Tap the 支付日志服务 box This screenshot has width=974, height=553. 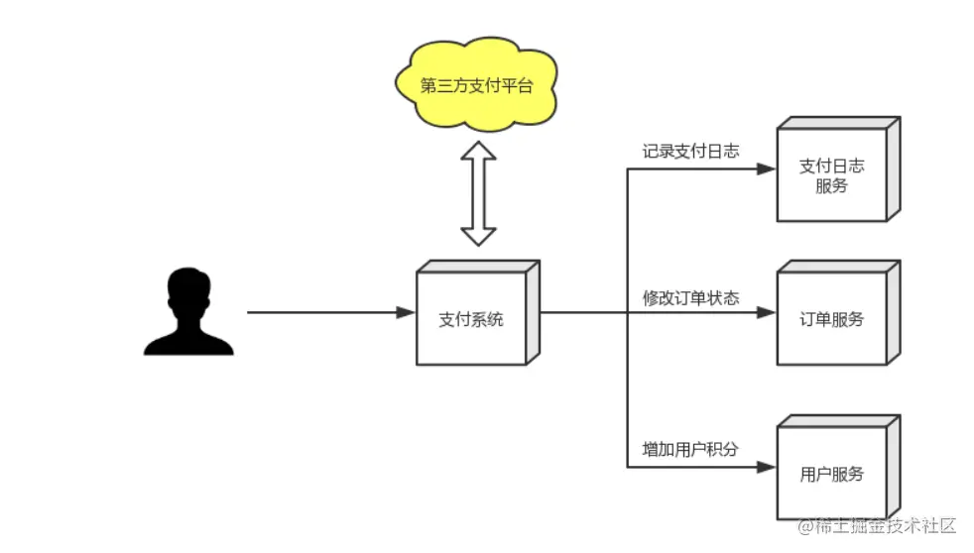831,175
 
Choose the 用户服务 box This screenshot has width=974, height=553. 831,473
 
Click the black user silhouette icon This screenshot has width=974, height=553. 188,311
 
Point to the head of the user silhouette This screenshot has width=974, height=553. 188,288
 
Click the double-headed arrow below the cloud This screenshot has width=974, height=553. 478,192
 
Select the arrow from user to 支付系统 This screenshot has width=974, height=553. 327,312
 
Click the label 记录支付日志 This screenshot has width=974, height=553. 690,151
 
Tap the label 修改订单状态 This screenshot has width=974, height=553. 690,297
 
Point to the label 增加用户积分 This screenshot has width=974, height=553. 690,449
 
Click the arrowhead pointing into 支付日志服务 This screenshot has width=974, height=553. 766,168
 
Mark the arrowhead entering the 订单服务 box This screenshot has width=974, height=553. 766,312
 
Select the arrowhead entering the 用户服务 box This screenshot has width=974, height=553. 766,465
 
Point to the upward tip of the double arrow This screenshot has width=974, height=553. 478,145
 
